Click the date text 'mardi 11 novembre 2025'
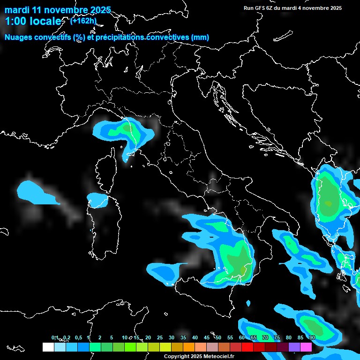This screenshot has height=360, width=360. coord(58,10)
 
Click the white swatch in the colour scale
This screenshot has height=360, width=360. coord(48,347)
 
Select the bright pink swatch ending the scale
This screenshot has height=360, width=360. coord(306,347)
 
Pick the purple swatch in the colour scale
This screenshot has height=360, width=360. coord(294,347)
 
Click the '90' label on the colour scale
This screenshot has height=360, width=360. coord(312,337)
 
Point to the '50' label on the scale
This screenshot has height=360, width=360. coord(218,337)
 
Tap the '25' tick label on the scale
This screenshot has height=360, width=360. coord(160,337)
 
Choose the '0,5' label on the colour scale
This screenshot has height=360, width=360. coord(78,337)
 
